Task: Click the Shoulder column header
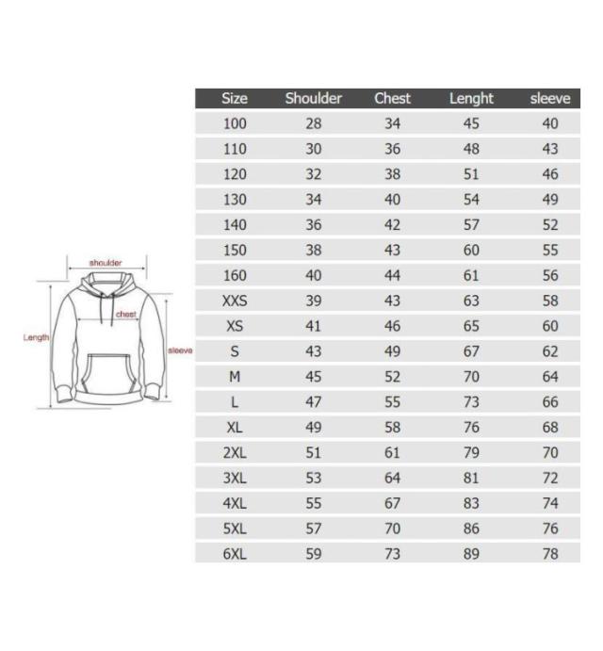tap(313, 98)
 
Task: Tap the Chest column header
tap(392, 98)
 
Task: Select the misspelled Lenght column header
tap(471, 99)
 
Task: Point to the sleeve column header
tap(550, 98)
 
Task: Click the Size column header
tap(235, 98)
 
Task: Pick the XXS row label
tap(235, 301)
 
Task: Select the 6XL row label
tap(235, 554)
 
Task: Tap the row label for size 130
tap(235, 200)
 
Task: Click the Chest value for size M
tap(392, 377)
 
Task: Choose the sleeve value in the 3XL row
tap(550, 478)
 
